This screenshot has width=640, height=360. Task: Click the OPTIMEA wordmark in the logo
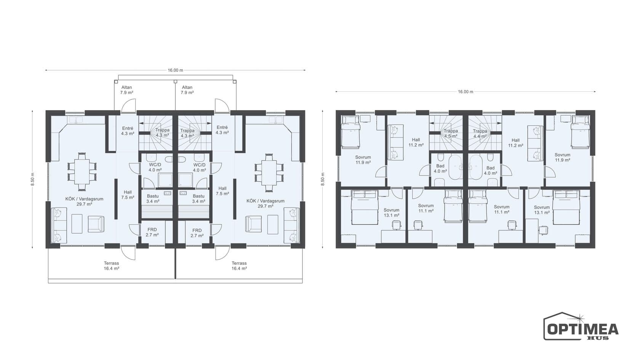point(583,330)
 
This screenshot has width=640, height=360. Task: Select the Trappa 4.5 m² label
point(451,133)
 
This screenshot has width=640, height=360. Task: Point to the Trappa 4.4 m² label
point(480,134)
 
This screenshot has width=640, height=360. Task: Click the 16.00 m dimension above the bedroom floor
point(466,92)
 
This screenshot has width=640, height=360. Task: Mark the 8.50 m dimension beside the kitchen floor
point(33,179)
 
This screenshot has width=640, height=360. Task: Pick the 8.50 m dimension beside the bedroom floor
point(323,179)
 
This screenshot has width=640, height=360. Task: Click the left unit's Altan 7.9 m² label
point(126,90)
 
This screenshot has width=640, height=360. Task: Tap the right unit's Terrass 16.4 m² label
point(239,266)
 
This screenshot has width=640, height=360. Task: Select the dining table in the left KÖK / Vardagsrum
point(82,171)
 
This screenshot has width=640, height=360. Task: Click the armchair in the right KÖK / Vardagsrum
point(253,224)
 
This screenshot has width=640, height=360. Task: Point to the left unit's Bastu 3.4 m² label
point(153,198)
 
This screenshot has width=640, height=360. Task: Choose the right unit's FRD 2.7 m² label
point(197,233)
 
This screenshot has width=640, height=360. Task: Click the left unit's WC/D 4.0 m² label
point(155,168)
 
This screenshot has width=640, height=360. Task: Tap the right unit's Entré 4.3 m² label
point(222,130)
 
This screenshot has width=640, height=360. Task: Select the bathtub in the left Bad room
point(455,167)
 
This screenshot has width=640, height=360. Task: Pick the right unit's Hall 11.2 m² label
point(516,142)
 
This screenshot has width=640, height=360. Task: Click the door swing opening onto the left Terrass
point(128,253)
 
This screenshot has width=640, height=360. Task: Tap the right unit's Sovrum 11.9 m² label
point(562,157)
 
